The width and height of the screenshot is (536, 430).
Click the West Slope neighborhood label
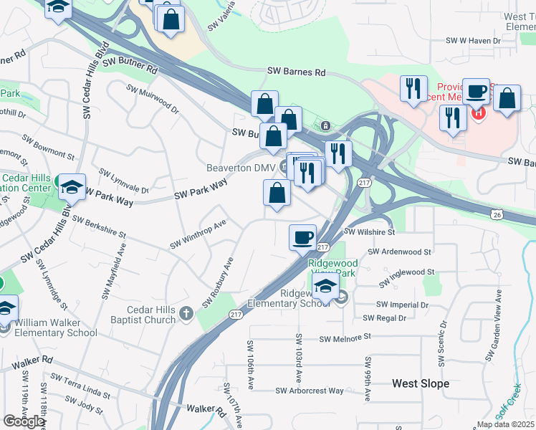point(421,383)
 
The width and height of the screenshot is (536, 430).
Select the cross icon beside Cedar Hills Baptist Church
point(186,312)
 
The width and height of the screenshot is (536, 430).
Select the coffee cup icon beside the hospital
point(477,90)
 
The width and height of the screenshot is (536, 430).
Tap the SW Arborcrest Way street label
point(310,391)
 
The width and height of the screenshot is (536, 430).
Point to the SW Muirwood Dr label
point(153,100)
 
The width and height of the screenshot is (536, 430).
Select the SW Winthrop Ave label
point(198,234)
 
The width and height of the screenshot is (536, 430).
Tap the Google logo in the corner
point(23,422)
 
